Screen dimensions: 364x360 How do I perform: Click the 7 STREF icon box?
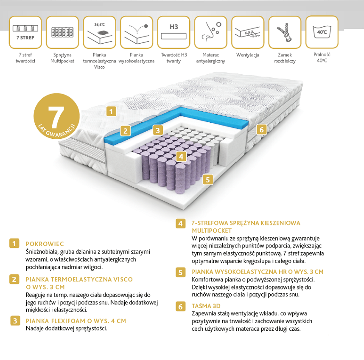pos(25,32)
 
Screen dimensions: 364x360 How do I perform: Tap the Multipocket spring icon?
pos(62,32)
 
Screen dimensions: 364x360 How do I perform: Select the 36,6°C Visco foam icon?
pos(99,32)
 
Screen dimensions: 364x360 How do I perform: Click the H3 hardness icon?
pos(174,32)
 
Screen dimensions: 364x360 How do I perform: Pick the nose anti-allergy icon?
pos(210,32)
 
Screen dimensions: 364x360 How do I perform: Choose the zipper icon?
pos(285,32)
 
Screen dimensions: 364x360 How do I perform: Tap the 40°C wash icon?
pos(322,32)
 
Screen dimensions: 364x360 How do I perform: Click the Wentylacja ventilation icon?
pos(248,32)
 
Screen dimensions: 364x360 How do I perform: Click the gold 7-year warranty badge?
pos(57,116)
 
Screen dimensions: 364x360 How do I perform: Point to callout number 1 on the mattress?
pos(111,112)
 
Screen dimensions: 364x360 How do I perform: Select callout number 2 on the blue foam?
pos(125,131)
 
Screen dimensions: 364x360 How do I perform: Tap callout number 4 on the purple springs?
pos(181,157)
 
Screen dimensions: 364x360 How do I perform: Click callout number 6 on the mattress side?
pos(262,129)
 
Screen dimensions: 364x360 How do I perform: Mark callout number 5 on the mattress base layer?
pos(208,180)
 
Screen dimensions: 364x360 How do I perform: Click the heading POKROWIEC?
pos(45,244)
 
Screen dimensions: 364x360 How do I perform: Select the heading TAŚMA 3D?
pos(206,306)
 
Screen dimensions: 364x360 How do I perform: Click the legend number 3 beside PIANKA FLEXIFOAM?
pos(15,321)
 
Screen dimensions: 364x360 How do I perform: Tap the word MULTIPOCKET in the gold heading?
pos(212,231)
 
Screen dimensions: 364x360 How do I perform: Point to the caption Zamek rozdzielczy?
pos(285,58)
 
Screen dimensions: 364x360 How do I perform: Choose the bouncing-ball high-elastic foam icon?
pos(137,32)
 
